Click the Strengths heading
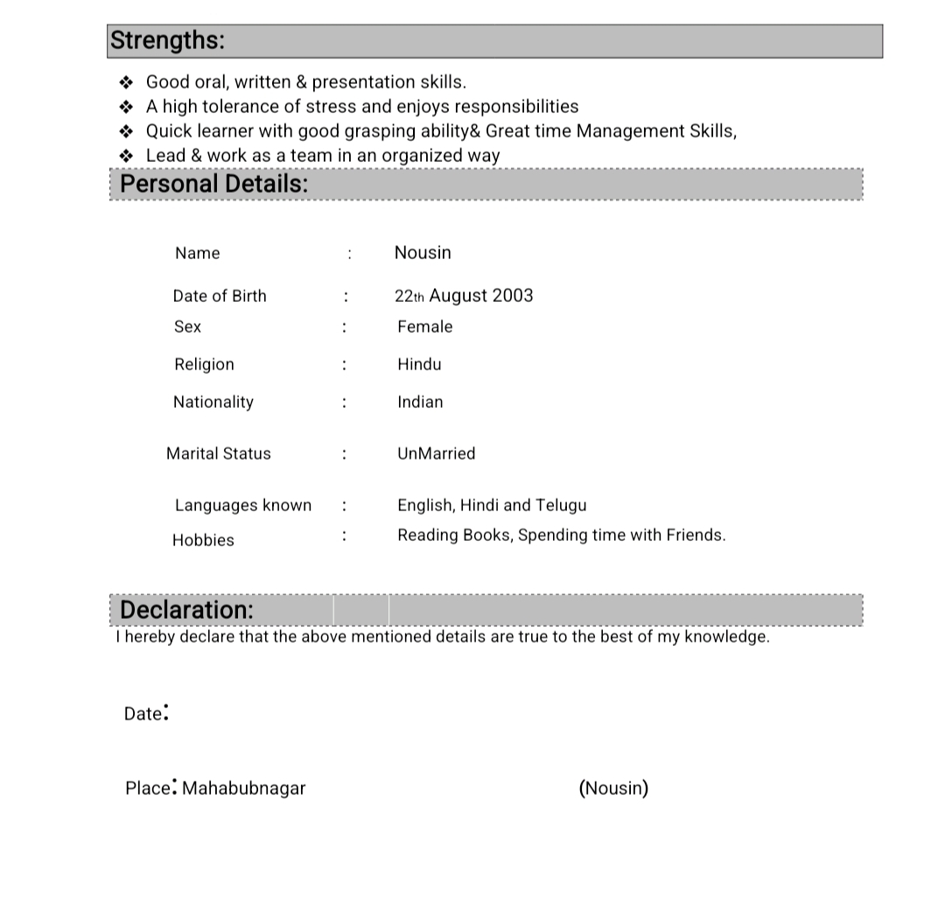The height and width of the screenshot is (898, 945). tap(167, 40)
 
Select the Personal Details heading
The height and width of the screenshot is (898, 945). tap(213, 184)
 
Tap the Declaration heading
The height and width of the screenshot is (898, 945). tap(186, 609)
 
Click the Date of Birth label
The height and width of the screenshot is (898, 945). tap(220, 296)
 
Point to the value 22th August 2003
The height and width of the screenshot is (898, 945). tap(464, 296)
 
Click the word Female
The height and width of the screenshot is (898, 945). tap(425, 326)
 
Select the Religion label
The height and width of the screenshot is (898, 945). tap(204, 364)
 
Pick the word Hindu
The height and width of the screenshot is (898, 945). tap(419, 364)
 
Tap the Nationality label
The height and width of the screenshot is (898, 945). tap(213, 402)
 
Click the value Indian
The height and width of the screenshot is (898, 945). tap(420, 402)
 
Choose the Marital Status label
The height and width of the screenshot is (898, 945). tap(219, 453)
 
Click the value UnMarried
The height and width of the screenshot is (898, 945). tap(436, 453)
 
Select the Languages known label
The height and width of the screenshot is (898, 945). tap(243, 505)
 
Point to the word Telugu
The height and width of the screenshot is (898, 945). tap(561, 505)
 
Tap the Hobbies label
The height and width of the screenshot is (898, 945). tap(203, 540)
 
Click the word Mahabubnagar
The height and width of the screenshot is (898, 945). tap(244, 788)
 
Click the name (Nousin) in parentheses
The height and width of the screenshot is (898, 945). tap(613, 788)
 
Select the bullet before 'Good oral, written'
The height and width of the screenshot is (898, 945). tap(126, 82)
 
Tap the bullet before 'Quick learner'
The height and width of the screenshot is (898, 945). tap(126, 131)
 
